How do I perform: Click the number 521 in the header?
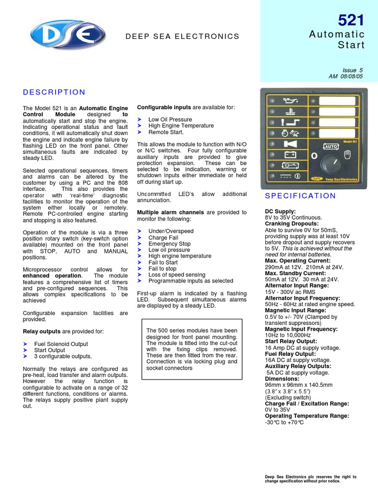(351, 20)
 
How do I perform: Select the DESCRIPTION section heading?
(54, 92)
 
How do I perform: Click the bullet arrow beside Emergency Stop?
(139, 244)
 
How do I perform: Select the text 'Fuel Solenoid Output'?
(61, 344)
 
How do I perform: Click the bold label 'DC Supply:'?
(280, 211)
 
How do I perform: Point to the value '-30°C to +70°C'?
(284, 422)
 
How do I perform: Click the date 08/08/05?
(353, 77)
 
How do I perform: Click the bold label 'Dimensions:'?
(282, 379)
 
